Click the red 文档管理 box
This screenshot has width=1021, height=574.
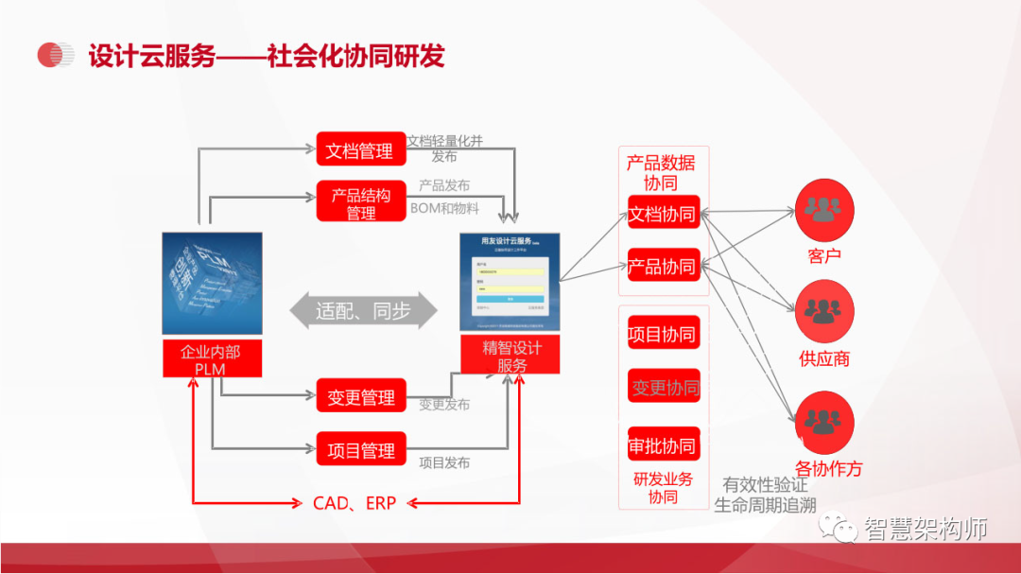pos(360,150)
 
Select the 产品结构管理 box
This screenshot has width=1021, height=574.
pos(360,204)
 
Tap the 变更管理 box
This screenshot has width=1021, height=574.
pos(360,397)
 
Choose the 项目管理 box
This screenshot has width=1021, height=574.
pos(360,450)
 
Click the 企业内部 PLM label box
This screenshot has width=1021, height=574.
pos(211,359)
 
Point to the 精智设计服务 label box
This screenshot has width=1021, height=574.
pos(511,356)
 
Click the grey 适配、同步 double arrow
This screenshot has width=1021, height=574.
pos(363,310)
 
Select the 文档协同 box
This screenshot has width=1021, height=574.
pos(663,214)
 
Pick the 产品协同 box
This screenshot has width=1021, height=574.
pos(663,266)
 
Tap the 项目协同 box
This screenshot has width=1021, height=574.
pos(663,334)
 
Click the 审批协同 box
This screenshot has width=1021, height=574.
pos(663,444)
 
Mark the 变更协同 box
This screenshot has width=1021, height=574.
pos(665,387)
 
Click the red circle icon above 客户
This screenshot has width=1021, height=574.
pos(824,209)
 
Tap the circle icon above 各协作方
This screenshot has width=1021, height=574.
pos(824,422)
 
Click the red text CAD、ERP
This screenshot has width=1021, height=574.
pos(355,503)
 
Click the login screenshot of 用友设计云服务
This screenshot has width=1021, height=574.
pos(510,282)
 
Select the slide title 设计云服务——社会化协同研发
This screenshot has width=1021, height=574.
pos(266,56)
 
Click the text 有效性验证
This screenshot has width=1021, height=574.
pos(765,485)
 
